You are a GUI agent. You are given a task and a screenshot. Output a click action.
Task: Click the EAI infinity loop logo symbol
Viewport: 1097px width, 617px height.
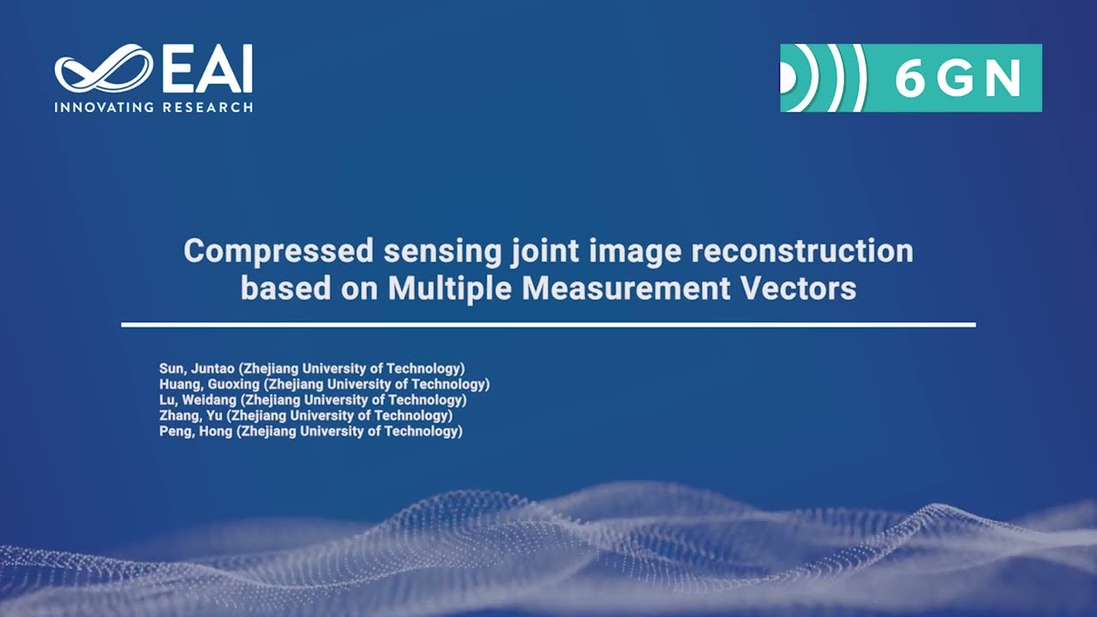coord(103,69)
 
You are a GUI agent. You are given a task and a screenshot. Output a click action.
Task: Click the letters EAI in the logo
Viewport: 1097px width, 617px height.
coord(207,69)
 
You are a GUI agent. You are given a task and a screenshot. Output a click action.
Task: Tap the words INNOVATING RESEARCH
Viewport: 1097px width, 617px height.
coord(153,108)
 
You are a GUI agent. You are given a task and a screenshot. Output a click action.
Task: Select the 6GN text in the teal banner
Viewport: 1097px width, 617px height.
coord(958,79)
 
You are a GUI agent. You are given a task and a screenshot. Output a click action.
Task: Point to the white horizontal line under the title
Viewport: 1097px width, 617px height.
coord(548,325)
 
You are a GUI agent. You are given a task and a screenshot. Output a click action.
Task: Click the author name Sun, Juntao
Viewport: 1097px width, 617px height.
coord(189,369)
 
